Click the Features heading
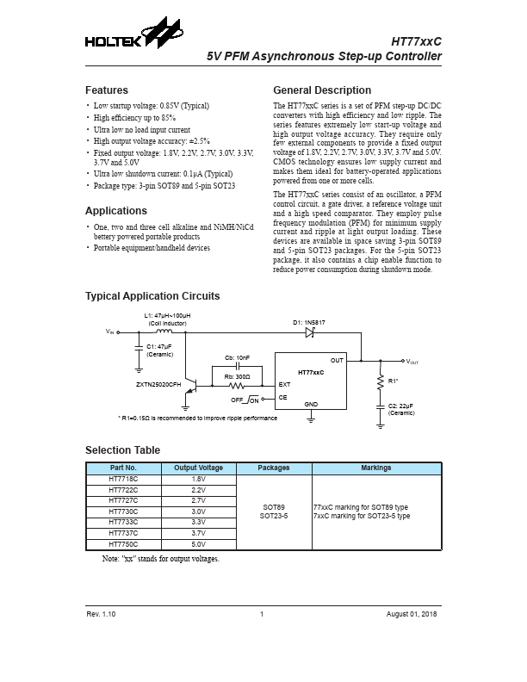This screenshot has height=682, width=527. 107,90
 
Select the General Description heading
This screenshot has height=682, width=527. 322,90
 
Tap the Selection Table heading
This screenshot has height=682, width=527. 122,450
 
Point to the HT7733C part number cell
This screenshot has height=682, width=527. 123,522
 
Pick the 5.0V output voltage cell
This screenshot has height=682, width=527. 198,544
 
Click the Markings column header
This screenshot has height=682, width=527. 375,468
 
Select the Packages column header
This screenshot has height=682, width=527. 273,468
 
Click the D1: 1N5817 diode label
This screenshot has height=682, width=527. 308,321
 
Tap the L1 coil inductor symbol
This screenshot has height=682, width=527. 161,332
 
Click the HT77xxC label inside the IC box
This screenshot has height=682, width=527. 311,372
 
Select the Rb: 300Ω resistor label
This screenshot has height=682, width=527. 237,375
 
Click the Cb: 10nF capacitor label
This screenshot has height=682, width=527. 237,356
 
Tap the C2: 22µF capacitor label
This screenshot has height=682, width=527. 401,406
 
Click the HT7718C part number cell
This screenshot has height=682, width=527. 123,478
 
